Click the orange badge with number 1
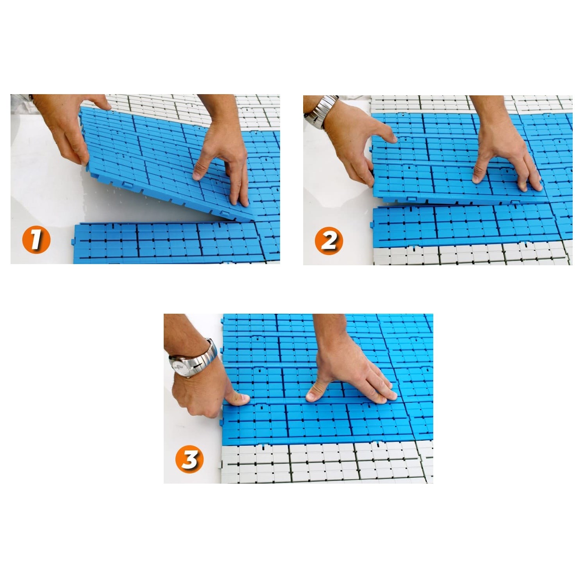tap(36, 239)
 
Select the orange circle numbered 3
tap(190, 459)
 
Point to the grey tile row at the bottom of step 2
tap(473, 255)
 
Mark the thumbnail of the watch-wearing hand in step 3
tap(243, 399)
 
